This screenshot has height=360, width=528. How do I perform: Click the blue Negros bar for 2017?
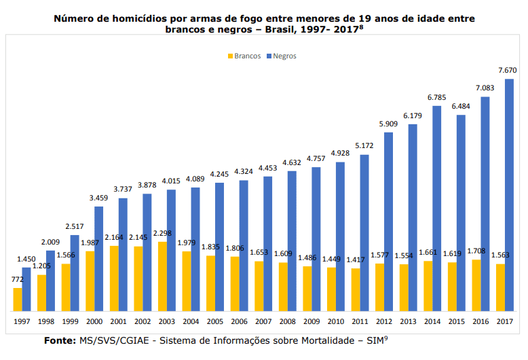click(x=509, y=195)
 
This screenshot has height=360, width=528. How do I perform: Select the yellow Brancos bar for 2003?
click(x=162, y=276)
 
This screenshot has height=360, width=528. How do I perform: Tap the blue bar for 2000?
click(x=98, y=259)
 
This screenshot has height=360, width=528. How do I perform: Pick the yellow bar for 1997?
click(x=18, y=300)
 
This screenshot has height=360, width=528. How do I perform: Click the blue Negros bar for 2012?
click(x=388, y=221)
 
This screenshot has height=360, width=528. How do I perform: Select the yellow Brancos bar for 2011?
click(x=356, y=289)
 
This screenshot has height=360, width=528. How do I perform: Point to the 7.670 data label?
click(x=508, y=70)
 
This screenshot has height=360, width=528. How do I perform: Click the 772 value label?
click(x=18, y=279)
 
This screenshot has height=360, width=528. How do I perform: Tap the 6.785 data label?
click(x=437, y=97)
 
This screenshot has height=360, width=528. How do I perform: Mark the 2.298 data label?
click(x=162, y=233)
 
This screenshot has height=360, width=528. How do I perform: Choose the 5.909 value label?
click(x=388, y=124)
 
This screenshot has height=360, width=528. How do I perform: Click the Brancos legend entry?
click(x=244, y=56)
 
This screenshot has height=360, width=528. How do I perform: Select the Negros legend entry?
click(x=282, y=56)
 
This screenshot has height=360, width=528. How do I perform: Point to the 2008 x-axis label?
click(x=288, y=321)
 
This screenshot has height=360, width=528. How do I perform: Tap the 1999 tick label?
click(x=70, y=321)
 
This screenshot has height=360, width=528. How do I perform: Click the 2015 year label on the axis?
click(x=456, y=321)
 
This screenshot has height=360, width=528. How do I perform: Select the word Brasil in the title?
click(x=281, y=29)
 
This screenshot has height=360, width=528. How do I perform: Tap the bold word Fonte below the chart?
click(x=60, y=340)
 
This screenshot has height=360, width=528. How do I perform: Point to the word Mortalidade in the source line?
click(x=328, y=340)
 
